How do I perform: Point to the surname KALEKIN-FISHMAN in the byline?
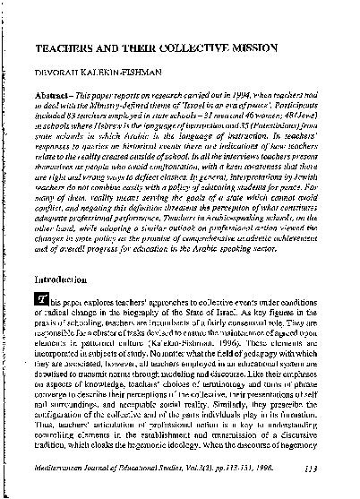[132, 68]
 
